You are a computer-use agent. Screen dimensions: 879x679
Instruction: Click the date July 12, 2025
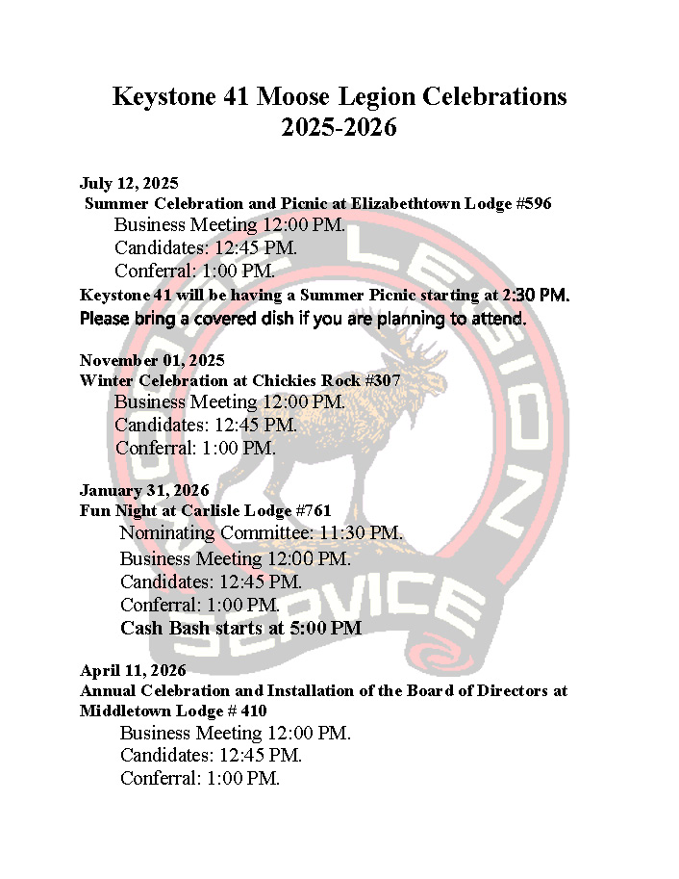tap(129, 183)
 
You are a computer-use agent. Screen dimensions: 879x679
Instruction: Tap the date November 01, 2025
tap(152, 360)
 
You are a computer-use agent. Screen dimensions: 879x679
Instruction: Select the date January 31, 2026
tap(144, 490)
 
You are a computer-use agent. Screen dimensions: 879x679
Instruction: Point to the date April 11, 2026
tap(133, 670)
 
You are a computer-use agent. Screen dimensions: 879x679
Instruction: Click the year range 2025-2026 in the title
tap(339, 127)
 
